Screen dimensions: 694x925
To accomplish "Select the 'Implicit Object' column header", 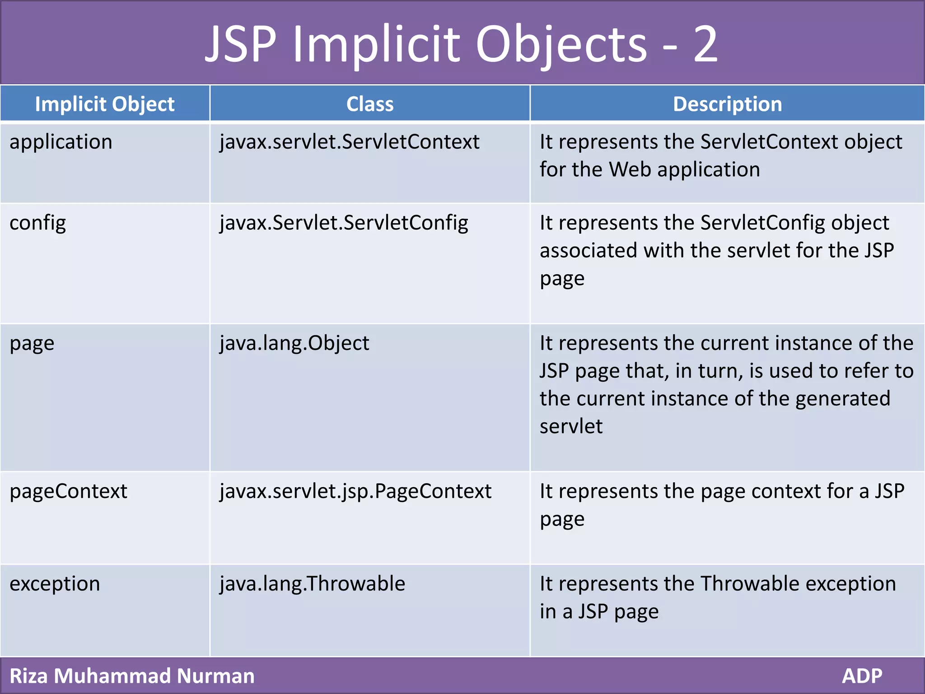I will [x=105, y=104].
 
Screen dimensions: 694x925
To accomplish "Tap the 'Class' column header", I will [x=370, y=104].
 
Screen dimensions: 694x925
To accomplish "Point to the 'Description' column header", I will [x=727, y=104].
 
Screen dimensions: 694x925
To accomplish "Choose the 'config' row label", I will [x=38, y=223].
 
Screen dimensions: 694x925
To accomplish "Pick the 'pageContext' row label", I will [x=69, y=492].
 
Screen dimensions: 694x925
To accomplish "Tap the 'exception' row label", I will [x=55, y=584].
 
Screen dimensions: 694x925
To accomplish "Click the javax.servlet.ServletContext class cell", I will [x=349, y=142].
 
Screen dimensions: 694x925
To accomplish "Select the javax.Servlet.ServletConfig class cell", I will [x=344, y=223].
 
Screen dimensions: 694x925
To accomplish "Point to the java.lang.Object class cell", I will [x=294, y=343].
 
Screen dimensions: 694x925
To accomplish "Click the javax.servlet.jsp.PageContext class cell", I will [x=355, y=492].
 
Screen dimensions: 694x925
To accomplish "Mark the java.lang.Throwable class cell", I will [x=313, y=584].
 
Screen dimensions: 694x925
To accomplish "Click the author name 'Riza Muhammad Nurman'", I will [x=132, y=676].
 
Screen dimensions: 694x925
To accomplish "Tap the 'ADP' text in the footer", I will [x=862, y=676].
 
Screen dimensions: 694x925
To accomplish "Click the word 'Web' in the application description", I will [x=630, y=170].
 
